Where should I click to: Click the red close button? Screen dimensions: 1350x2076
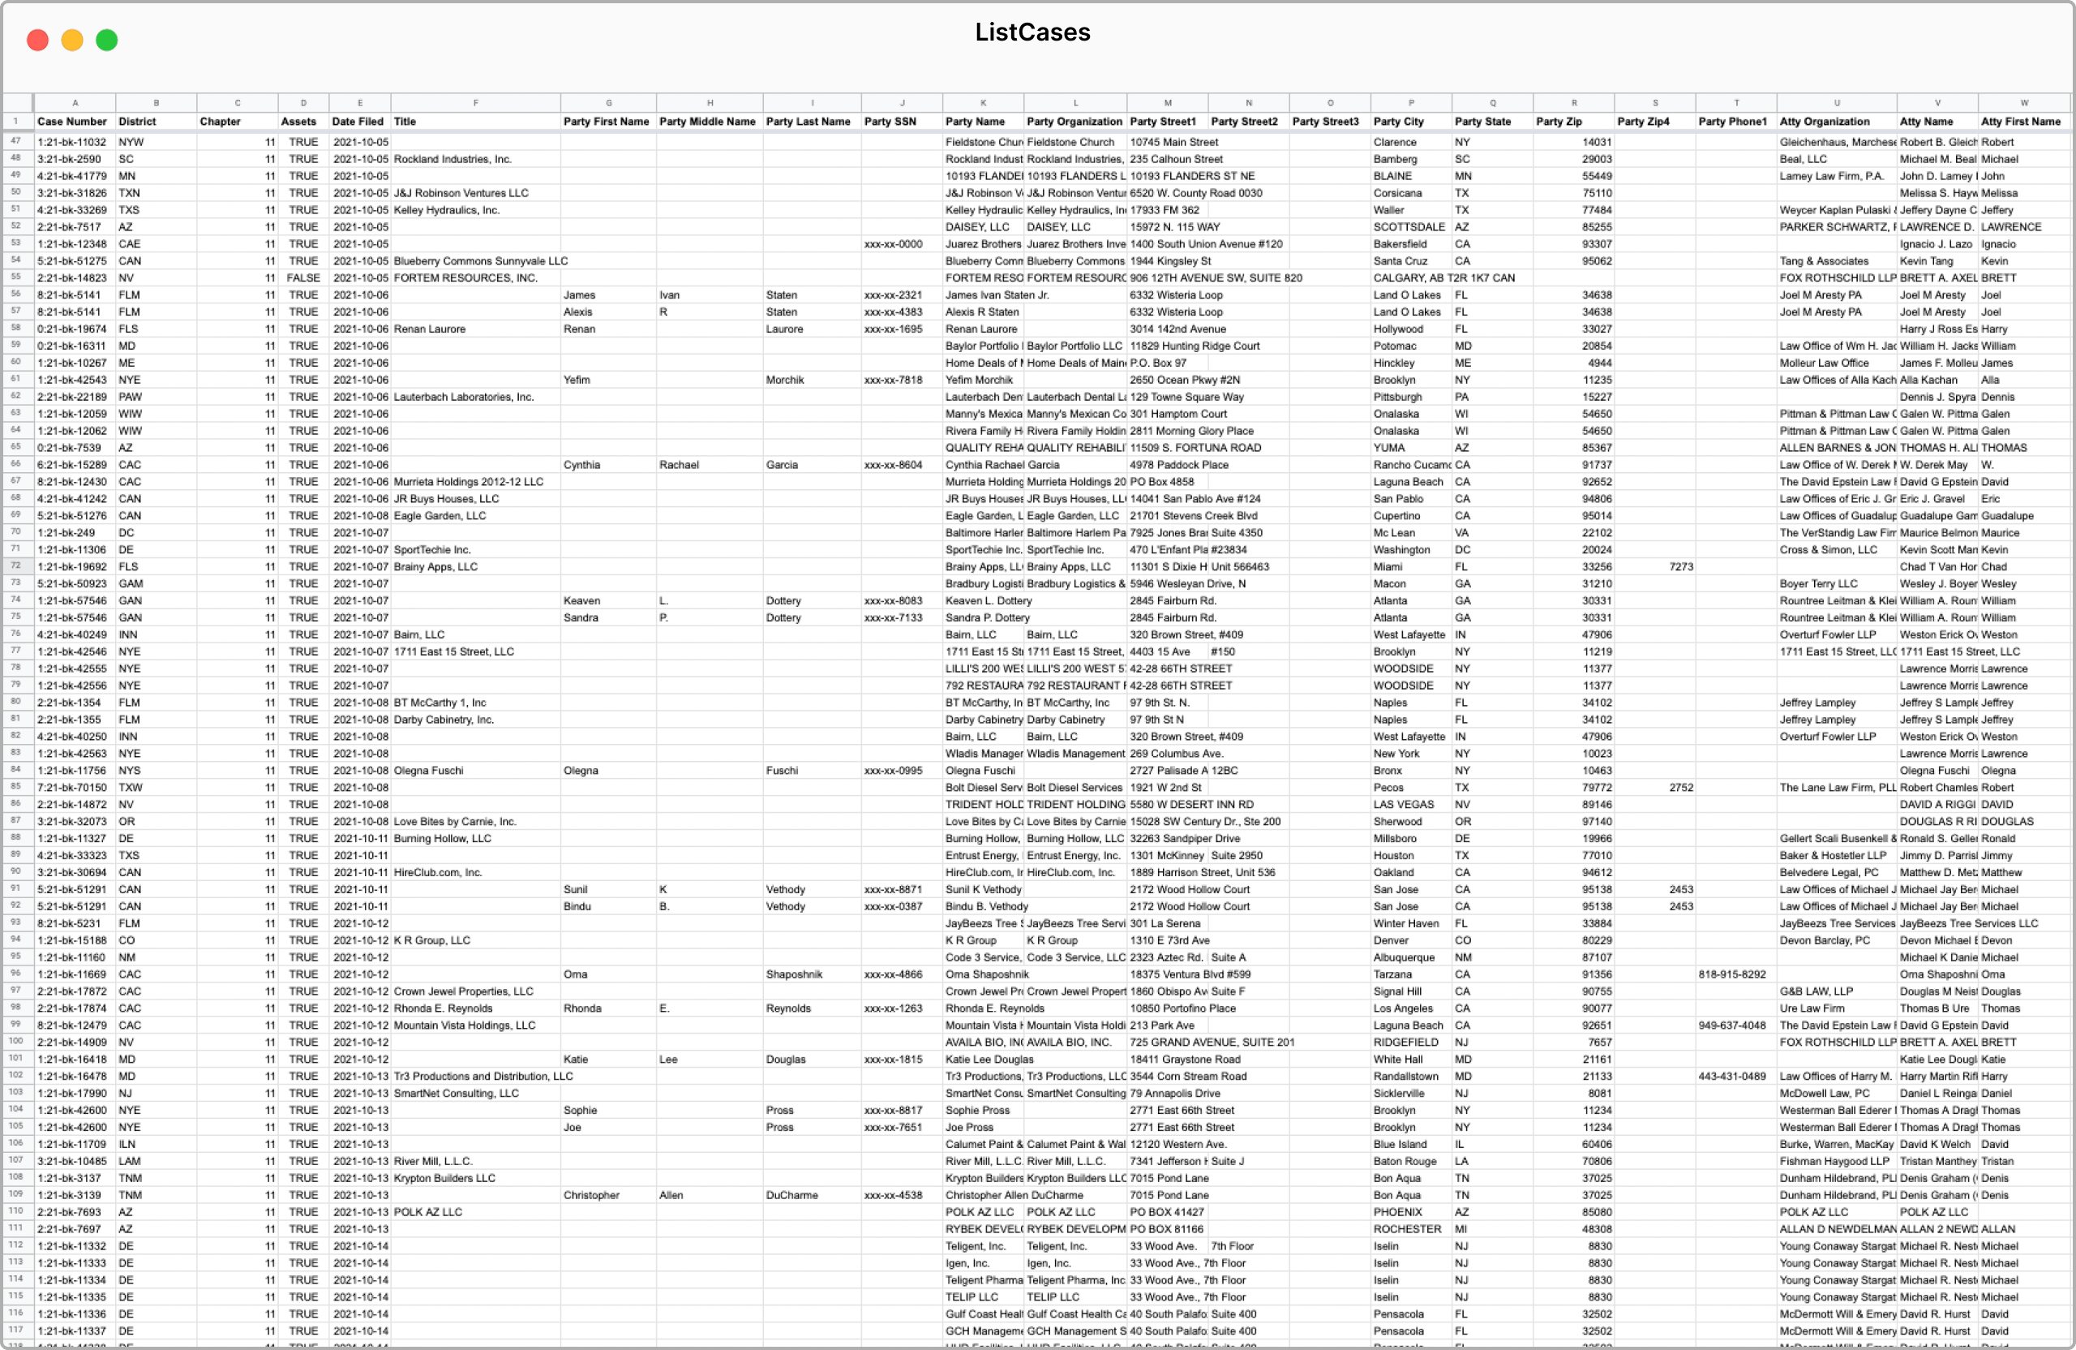(37, 40)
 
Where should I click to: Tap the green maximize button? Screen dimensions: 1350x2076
(106, 40)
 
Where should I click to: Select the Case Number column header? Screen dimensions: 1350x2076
(72, 122)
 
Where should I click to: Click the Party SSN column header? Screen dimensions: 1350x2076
(890, 122)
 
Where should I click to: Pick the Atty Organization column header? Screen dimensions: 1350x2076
(1824, 122)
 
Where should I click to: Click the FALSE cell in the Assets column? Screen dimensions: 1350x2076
(302, 277)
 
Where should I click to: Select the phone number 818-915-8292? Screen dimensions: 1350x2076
(1731, 974)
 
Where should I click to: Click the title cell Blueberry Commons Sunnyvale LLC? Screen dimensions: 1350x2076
(481, 261)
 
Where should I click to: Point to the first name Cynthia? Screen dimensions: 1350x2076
(581, 464)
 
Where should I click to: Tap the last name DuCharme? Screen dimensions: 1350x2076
(792, 1195)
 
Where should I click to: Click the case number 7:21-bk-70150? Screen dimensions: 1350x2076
(71, 787)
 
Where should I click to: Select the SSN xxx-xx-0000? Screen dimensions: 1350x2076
(893, 244)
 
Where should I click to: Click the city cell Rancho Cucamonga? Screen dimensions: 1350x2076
(1410, 464)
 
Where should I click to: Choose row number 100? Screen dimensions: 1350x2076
(15, 1041)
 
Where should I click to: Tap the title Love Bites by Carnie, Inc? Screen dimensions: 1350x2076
(454, 821)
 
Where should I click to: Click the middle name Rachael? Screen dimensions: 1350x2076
(679, 464)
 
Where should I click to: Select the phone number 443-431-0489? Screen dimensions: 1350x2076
(1731, 1076)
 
